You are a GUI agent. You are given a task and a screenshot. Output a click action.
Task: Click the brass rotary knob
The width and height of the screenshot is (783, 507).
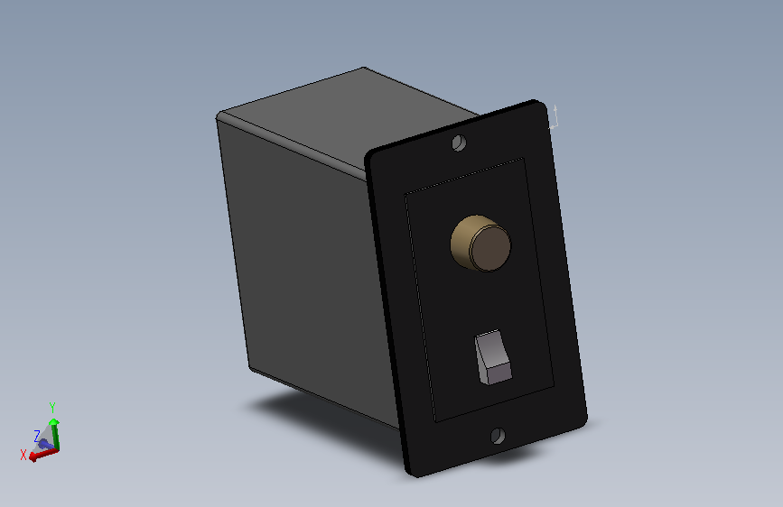[480, 244]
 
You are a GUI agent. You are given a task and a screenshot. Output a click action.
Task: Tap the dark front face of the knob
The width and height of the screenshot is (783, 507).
[491, 248]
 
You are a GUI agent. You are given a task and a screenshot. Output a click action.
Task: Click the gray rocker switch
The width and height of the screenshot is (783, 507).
[493, 357]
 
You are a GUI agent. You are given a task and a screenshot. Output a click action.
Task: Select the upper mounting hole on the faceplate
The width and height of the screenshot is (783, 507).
[459, 143]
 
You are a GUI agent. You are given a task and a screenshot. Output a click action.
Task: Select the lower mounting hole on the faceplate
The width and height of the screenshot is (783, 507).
[498, 436]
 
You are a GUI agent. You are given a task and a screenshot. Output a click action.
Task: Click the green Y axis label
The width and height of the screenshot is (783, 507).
[52, 408]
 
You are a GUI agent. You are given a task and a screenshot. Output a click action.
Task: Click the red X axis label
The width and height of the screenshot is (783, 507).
[23, 455]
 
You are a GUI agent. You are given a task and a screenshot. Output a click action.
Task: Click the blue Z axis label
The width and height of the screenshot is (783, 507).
[36, 436]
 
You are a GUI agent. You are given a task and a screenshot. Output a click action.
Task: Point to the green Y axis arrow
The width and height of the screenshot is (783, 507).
[55, 436]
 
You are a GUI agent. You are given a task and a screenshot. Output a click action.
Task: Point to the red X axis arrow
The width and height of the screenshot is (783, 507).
[44, 455]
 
